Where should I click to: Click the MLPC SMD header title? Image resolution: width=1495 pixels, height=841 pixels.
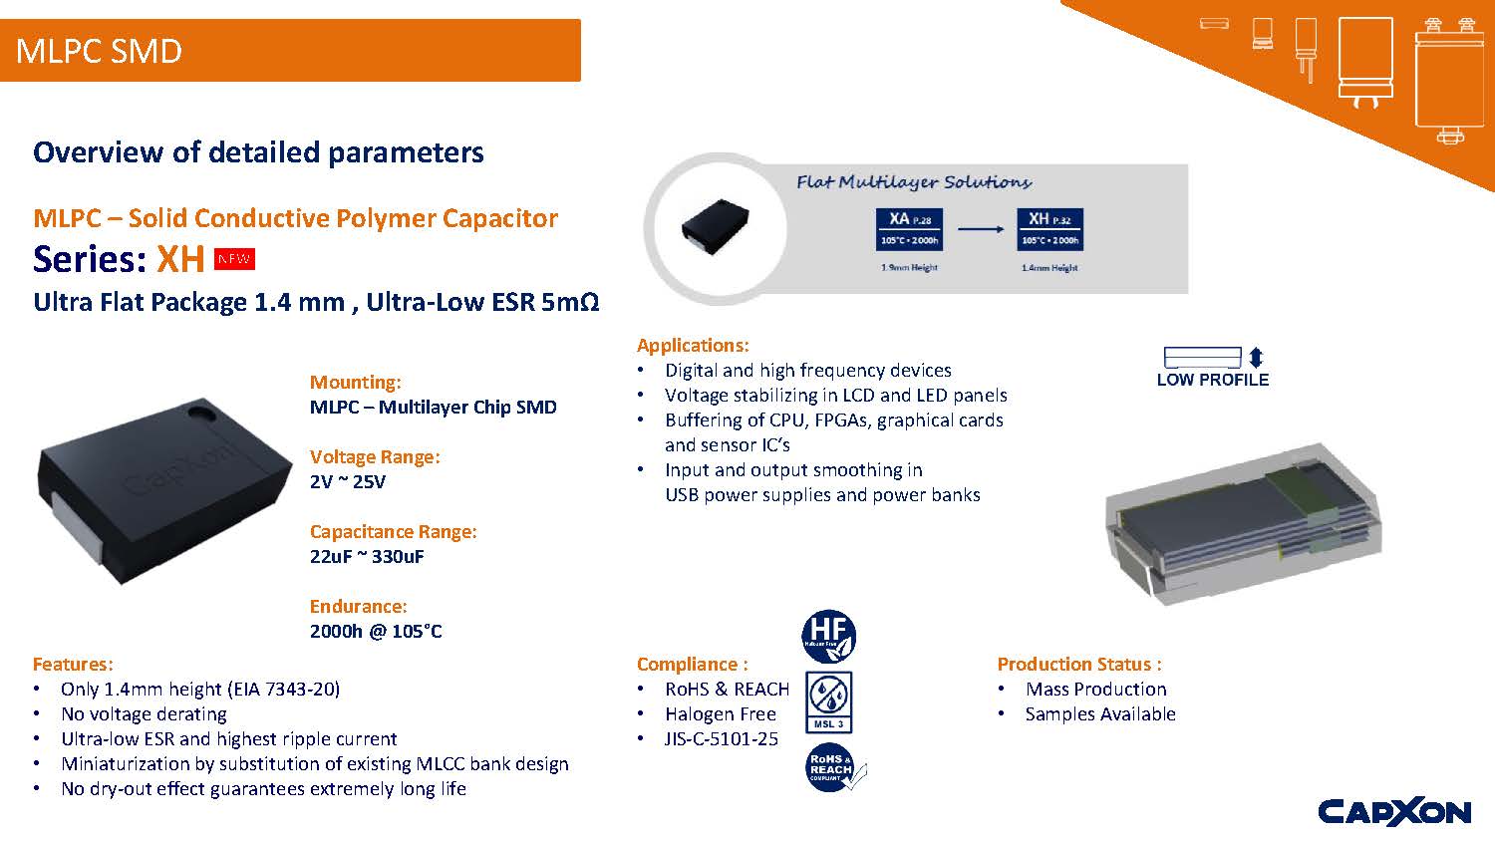100,51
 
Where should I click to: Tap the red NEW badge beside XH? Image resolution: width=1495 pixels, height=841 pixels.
234,260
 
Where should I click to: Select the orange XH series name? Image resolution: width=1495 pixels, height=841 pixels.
180,259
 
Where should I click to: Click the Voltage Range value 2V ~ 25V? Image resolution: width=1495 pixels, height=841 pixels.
348,482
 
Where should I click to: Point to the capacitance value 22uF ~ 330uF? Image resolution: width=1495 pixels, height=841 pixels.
367,557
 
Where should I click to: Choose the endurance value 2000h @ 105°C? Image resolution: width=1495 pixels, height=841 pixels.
376,632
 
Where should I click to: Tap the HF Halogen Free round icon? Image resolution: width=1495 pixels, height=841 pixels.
828,637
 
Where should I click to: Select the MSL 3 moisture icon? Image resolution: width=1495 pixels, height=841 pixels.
828,701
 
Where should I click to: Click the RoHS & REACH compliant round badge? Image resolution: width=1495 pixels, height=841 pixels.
832,768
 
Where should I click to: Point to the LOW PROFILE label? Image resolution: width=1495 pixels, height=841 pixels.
1212,380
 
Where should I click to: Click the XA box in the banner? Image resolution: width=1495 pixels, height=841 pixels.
909,228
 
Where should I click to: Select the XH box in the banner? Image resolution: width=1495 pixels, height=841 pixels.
1049,228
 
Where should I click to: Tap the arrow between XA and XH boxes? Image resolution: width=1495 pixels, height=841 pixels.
980,229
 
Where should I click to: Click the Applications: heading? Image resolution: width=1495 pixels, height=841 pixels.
693,346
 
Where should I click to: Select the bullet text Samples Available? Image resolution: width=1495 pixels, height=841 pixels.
1100,714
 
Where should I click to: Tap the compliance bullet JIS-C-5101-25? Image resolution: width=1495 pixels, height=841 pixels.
722,739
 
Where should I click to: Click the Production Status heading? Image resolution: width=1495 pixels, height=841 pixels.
1079,665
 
